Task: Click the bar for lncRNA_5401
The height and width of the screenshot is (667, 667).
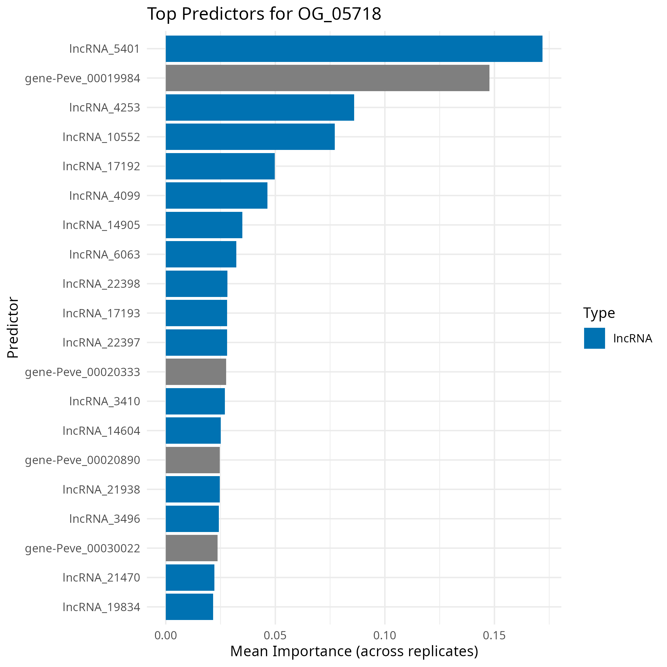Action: tap(354, 49)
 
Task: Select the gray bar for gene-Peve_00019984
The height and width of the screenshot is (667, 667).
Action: tap(327, 78)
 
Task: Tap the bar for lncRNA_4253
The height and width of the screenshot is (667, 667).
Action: tap(259, 107)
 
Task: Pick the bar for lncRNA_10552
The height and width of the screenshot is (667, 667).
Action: tap(250, 137)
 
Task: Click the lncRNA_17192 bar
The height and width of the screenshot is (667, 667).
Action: tap(220, 166)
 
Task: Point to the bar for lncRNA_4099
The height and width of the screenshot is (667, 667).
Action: tap(217, 195)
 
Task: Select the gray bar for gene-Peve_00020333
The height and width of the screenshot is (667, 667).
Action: tap(196, 372)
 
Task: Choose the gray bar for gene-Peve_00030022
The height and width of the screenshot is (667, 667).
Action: tap(192, 548)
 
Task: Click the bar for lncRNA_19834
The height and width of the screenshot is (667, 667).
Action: tap(189, 607)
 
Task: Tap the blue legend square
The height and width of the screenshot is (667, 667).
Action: tap(595, 338)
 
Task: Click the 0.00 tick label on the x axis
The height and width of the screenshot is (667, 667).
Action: tap(166, 636)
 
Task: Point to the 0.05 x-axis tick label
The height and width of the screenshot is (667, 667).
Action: tap(275, 636)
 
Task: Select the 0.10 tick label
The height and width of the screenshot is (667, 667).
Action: tap(385, 636)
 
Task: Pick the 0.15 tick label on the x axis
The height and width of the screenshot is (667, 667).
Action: tap(494, 636)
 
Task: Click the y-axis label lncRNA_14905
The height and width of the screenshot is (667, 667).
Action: tap(102, 225)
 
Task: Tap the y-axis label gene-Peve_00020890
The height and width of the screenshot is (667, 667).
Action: tap(83, 460)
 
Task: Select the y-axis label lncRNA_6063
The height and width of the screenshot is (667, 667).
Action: tap(104, 254)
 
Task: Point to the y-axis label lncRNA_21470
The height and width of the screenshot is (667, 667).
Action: tap(102, 577)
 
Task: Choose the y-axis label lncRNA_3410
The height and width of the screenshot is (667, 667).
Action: tap(104, 401)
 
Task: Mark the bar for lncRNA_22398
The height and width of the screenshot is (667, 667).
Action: tap(196, 284)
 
